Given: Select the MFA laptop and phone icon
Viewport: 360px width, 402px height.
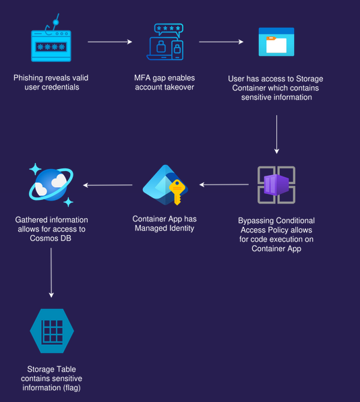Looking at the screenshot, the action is [165, 42].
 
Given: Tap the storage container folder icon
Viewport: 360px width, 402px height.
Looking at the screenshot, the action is [276, 42].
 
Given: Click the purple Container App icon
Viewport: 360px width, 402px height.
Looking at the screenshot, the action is [276, 185].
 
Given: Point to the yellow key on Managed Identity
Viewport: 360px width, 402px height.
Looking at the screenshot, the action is [177, 192].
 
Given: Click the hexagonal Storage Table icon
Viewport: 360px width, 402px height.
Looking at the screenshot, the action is [52, 331].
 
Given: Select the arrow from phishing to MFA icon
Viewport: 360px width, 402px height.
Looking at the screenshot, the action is [110, 42].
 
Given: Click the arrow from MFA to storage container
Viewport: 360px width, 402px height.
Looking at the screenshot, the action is [221, 42].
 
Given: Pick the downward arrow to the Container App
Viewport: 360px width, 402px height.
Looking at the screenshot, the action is [276, 135].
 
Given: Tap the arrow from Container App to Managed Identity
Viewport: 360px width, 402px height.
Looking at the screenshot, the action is [224, 185].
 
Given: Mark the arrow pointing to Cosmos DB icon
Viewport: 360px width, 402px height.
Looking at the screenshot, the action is [108, 185].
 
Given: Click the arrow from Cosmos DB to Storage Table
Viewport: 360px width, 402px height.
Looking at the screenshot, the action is [51, 273].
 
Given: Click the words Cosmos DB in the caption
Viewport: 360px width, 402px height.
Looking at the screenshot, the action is [51, 238].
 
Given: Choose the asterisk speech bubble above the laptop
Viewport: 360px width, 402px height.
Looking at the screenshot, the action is [169, 30].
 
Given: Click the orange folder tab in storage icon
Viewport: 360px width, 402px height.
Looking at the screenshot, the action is [271, 38].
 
